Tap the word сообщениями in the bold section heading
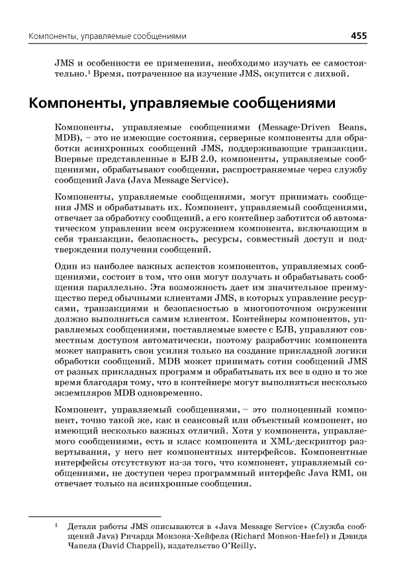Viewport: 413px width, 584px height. pyautogui.click(x=272, y=104)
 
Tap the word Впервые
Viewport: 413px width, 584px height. pyautogui.click(x=73, y=159)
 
